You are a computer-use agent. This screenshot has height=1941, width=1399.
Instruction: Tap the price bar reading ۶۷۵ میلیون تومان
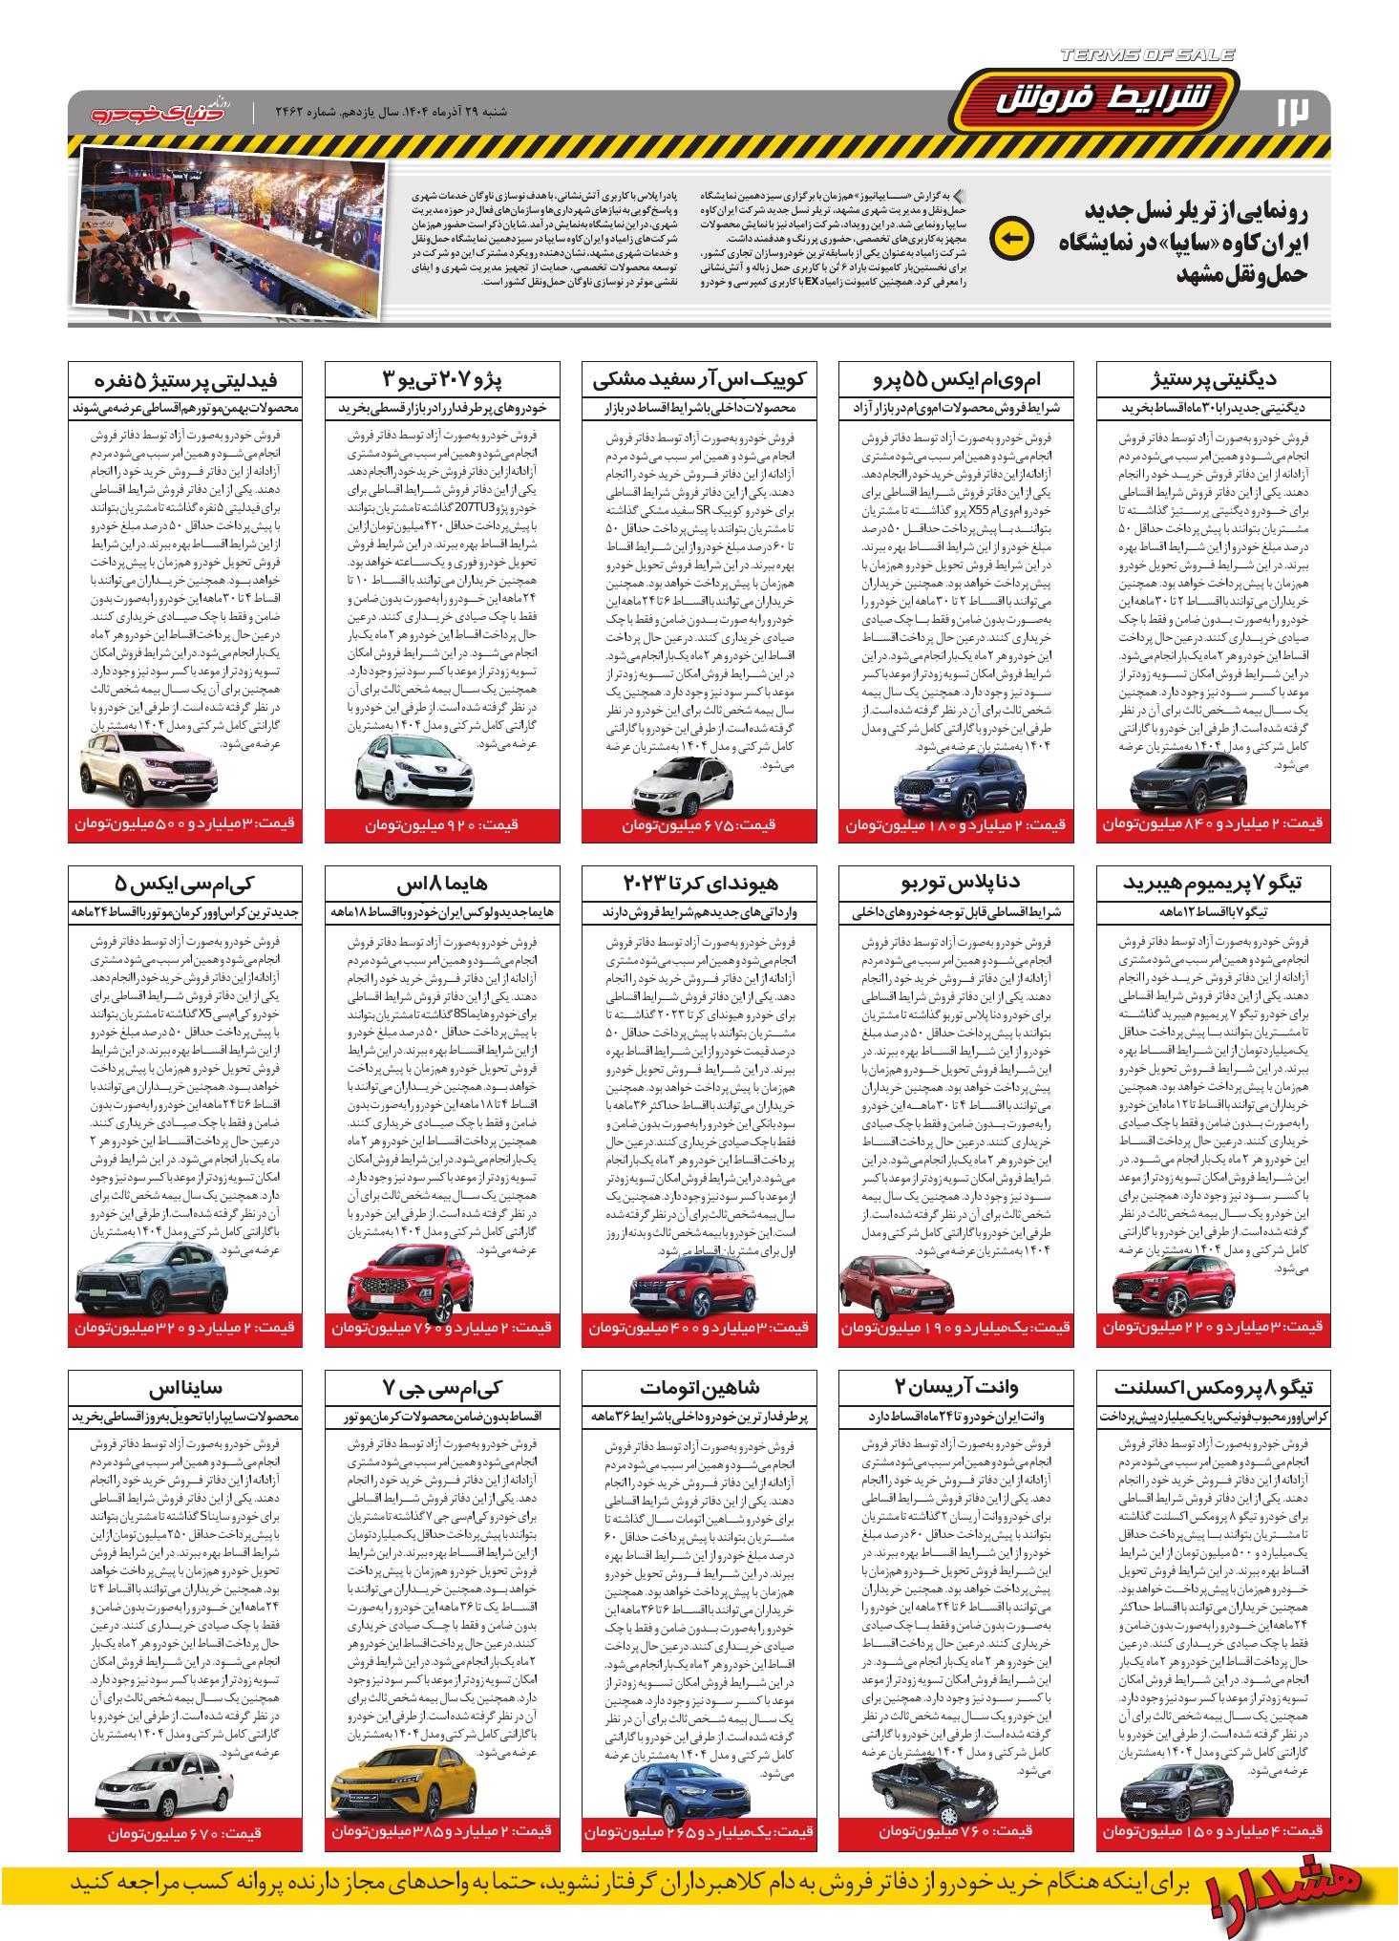click(x=700, y=824)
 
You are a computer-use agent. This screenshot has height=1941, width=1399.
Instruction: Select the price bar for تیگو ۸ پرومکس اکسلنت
click(x=1213, y=1831)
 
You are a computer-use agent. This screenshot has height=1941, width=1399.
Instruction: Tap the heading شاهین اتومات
click(x=700, y=1386)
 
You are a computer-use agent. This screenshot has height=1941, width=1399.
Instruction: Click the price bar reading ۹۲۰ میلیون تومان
click(x=442, y=822)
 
